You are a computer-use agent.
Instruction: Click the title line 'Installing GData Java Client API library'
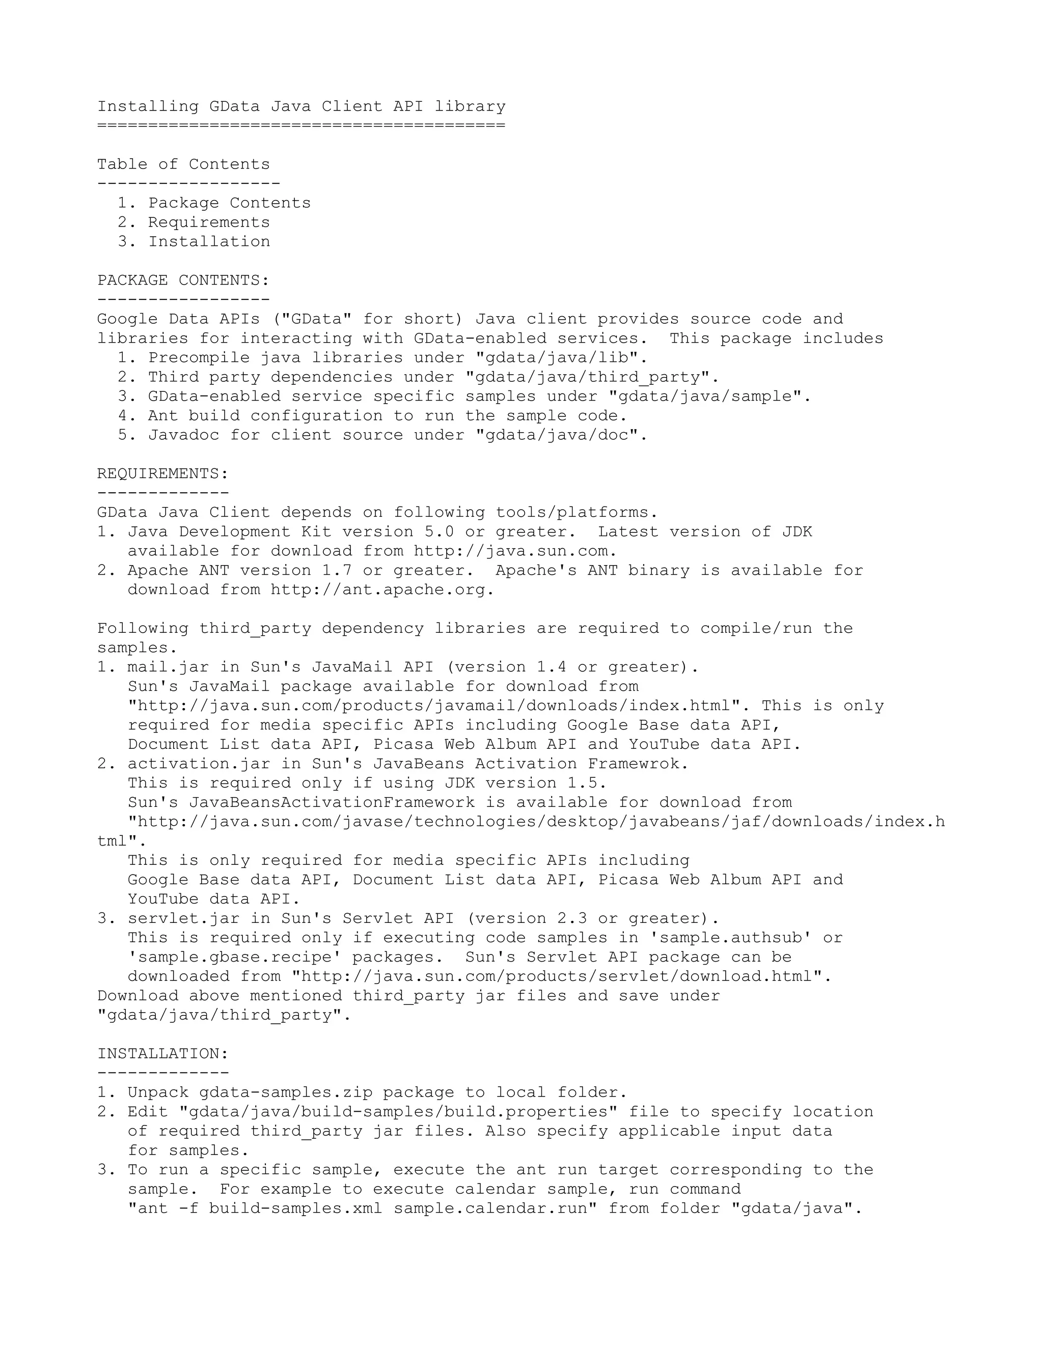301,106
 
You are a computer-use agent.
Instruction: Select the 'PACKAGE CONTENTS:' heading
183,280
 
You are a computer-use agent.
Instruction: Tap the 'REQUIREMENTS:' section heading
163,474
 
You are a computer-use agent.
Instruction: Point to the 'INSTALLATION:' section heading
163,1054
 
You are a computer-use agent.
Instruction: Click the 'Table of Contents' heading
183,164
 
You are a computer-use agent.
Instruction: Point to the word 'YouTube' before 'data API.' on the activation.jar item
163,900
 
